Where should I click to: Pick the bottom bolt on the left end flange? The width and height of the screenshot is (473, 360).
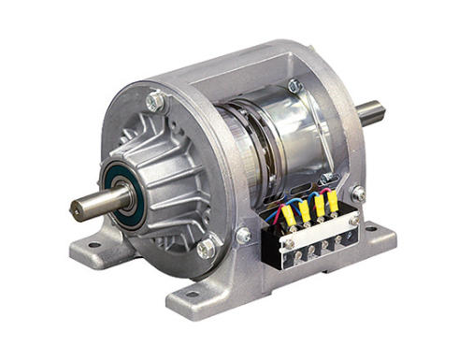(x=205, y=248)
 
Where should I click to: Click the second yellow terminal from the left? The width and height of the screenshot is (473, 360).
(x=305, y=209)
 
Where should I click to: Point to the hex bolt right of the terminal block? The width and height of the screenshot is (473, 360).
(x=359, y=194)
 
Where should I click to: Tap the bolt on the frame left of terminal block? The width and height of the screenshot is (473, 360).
(x=244, y=235)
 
